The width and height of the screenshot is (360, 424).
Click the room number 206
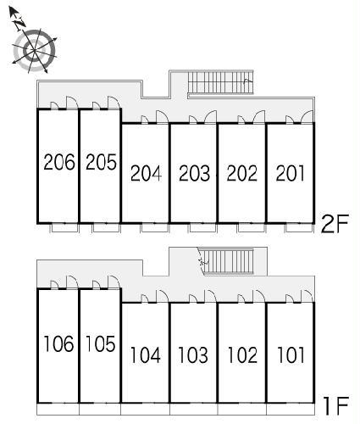59,162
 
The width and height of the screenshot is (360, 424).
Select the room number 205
101,162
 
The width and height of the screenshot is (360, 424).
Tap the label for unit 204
146,173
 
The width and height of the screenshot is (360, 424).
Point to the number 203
195,173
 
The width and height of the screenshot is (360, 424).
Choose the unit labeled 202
242,173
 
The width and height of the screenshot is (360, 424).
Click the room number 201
291,173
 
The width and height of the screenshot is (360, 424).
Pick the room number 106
58,343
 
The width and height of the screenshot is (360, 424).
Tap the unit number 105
100,343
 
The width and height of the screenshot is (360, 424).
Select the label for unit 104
146,354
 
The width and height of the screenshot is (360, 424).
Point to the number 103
193,354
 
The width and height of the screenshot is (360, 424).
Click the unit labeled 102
242,354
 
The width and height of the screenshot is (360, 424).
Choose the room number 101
291,354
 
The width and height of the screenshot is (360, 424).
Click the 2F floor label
335,224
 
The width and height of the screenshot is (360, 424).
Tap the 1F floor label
336,405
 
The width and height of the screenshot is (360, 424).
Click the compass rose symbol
35,50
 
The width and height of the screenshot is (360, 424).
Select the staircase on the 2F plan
220,82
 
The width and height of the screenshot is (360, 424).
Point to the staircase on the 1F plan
228,262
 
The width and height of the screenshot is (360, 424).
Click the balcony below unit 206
64,228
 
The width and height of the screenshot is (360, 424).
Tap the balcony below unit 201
299,228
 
